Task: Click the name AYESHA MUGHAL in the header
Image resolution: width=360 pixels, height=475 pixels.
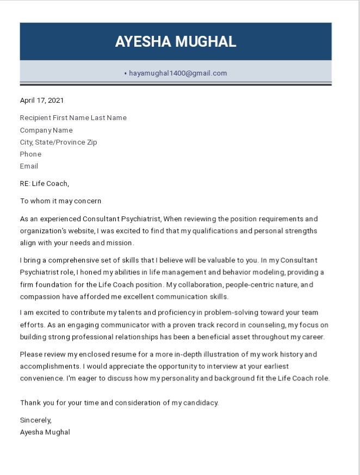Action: click(x=176, y=42)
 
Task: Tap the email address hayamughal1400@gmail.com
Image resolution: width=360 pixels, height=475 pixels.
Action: click(x=178, y=73)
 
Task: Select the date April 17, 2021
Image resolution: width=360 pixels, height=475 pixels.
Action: click(x=42, y=100)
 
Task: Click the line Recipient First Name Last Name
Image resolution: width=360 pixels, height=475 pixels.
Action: click(x=73, y=118)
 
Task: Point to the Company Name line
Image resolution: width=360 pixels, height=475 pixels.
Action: click(x=46, y=130)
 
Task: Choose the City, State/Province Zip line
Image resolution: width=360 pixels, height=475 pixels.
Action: click(x=58, y=142)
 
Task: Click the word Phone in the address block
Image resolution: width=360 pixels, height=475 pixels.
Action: click(x=30, y=154)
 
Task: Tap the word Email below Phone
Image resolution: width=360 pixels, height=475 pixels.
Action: click(x=29, y=166)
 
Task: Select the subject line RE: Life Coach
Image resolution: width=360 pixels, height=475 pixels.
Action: click(x=45, y=184)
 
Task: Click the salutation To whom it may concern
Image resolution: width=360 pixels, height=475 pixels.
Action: click(x=60, y=201)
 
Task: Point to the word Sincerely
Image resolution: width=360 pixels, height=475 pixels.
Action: click(x=35, y=420)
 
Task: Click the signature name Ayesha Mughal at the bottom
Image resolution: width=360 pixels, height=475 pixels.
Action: click(x=45, y=433)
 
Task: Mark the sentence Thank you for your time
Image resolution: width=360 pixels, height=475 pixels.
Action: click(x=119, y=403)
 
